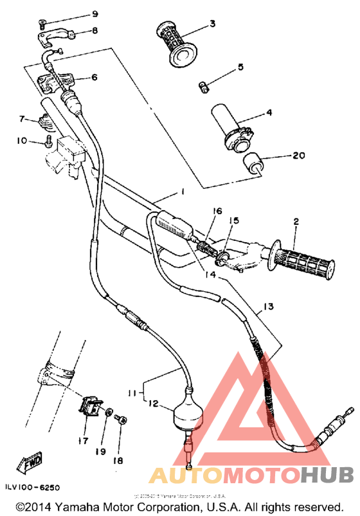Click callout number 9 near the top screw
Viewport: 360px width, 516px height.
94,14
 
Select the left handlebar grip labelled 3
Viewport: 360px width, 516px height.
175,44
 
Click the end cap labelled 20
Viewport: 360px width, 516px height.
255,163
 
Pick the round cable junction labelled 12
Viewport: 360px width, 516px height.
188,413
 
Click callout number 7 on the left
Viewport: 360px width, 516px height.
21,119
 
